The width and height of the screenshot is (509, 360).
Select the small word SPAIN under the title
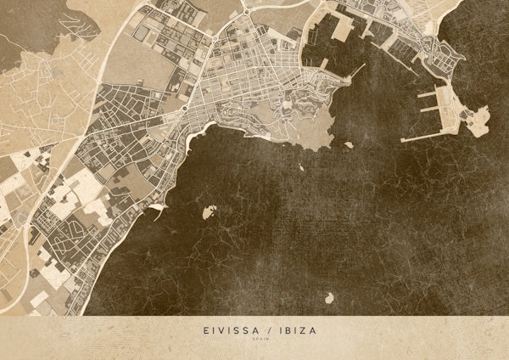click(255, 341)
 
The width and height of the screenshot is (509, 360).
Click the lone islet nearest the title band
click(328, 297)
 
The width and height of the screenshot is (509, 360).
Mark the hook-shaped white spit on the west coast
click(157, 206)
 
